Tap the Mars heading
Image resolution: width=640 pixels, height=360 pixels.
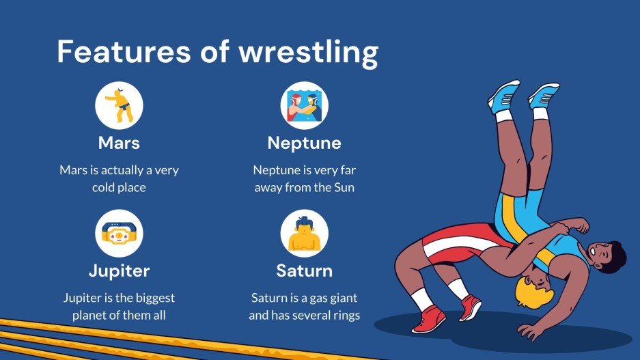point(119,143)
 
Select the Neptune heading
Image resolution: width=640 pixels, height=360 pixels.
point(304,143)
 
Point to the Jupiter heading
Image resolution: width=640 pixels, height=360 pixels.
point(119,271)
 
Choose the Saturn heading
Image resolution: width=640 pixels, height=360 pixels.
point(304,271)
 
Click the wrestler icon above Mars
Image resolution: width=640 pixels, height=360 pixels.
point(119,105)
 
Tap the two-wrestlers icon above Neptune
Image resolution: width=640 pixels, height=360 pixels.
point(304,105)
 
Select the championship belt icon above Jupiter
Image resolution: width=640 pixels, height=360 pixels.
point(119,234)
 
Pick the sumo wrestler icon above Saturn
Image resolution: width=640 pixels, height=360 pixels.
point(304,234)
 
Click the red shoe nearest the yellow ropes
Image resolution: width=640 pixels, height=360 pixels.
point(428,319)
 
